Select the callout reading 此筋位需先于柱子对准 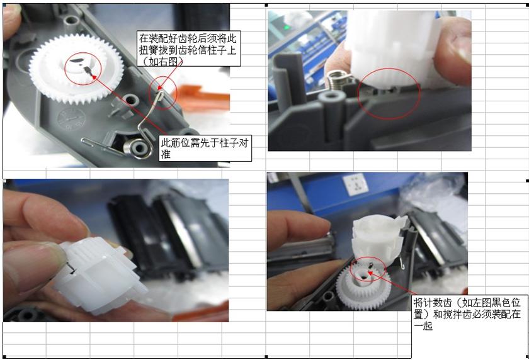[x=205, y=148]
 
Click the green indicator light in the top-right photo [x=288, y=27]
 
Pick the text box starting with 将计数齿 [x=466, y=312]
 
